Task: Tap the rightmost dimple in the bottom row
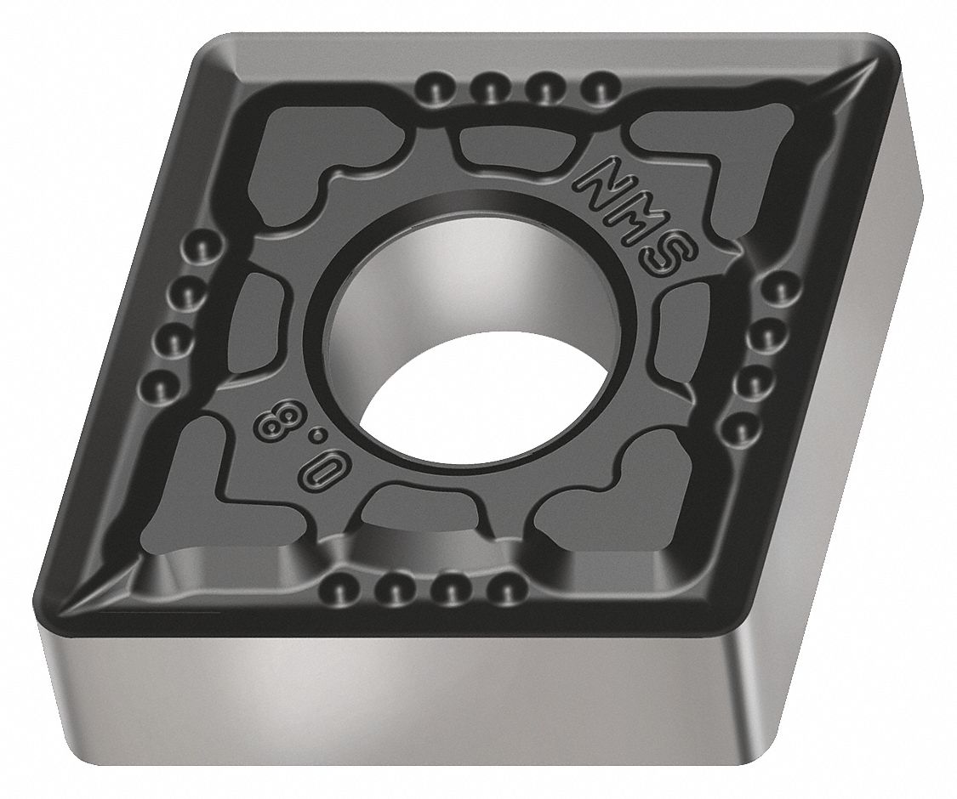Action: [508, 586]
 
